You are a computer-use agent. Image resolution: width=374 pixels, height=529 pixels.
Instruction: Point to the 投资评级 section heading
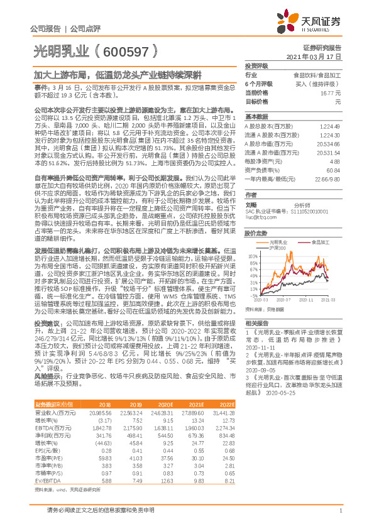256,65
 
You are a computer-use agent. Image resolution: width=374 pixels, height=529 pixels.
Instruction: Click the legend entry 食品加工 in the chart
319,242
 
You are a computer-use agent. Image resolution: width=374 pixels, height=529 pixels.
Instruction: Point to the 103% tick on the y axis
253,256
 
